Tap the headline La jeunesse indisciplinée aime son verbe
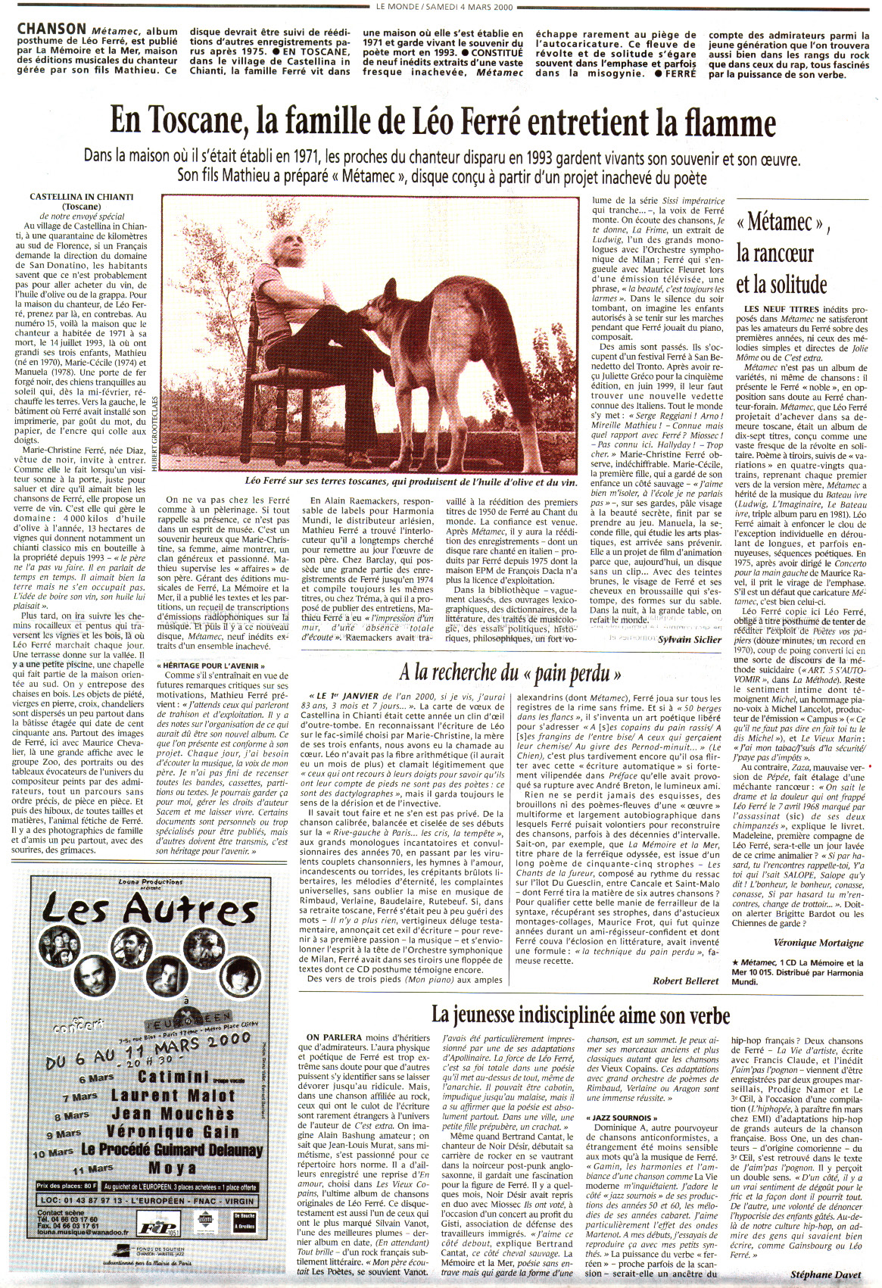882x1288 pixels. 581,1014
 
